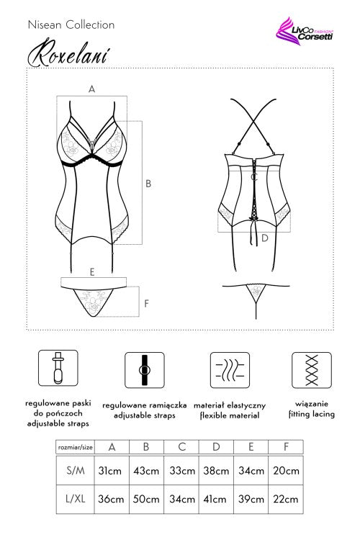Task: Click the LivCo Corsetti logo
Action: tap(305, 31)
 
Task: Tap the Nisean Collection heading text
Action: tap(71, 24)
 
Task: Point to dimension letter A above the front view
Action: tap(91, 89)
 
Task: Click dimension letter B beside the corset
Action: tap(148, 184)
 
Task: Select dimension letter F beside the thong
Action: tap(146, 303)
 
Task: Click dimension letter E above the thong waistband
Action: tap(92, 272)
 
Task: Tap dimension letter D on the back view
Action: tap(264, 238)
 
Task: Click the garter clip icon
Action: tap(58, 368)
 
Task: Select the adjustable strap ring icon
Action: tap(144, 370)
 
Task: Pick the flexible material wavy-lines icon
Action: tap(230, 370)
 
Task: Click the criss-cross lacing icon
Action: tap(312, 370)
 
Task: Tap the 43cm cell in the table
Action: tap(146, 470)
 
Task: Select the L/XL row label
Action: tap(75, 499)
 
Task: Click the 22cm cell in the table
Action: tap(286, 499)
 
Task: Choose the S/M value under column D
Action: tap(216, 470)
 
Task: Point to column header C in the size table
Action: tap(181, 447)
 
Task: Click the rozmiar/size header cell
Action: tap(76, 447)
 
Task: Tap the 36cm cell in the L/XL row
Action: tap(111, 499)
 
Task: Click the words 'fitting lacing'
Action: tap(312, 414)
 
